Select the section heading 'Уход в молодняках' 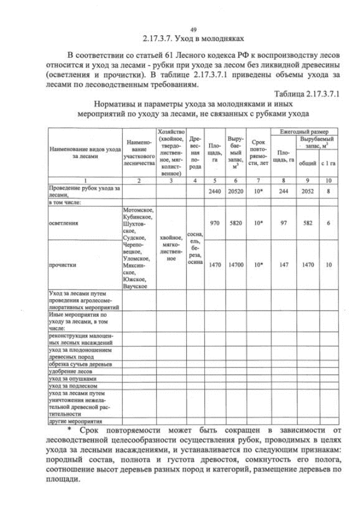point(193,39)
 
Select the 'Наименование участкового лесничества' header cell point(138,152)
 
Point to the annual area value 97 point(283,223)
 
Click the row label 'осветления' point(64,223)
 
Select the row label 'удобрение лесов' point(70,372)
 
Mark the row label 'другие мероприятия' point(75,421)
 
